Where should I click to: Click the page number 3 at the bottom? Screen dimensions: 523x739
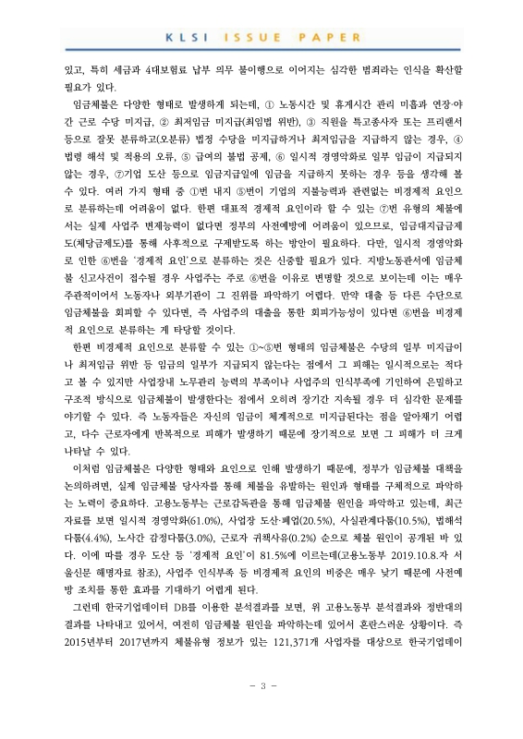coord(261,711)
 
